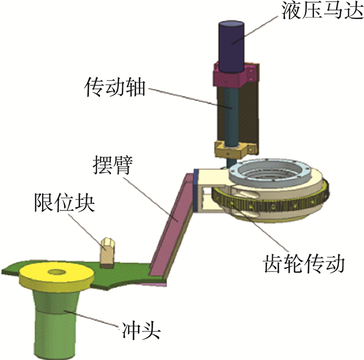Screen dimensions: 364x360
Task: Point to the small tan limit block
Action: (x=108, y=251)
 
